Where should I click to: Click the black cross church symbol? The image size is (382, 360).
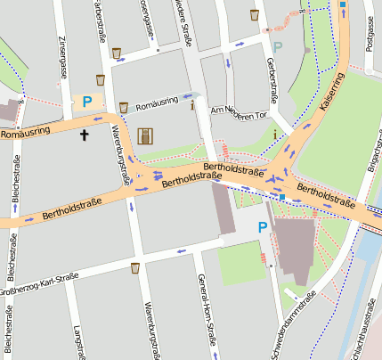(x=85, y=135)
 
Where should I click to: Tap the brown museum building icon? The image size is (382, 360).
(x=145, y=135)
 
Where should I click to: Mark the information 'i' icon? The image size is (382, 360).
(x=193, y=105)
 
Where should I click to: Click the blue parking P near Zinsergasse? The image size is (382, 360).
(x=86, y=102)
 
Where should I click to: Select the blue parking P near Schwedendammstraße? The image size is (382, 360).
(x=262, y=228)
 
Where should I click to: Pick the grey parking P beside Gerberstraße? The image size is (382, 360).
(x=278, y=46)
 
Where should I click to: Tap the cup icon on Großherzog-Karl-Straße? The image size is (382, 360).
(x=134, y=266)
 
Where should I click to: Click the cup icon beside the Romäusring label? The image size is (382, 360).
(x=123, y=106)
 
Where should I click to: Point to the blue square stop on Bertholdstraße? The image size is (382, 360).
(x=282, y=196)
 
